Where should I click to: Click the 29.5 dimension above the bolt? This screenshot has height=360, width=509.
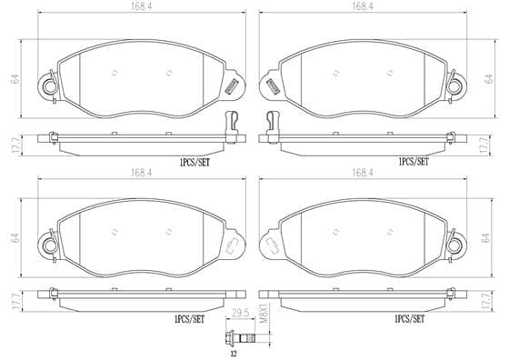[x=241, y=313]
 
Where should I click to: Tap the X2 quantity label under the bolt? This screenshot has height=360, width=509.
[x=234, y=354]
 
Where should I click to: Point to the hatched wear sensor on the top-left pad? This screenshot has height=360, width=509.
[x=232, y=86]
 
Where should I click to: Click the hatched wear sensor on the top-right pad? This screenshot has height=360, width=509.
[x=273, y=86]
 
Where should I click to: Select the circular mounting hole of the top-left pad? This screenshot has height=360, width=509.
[x=50, y=86]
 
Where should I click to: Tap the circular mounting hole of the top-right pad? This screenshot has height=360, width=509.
[x=454, y=86]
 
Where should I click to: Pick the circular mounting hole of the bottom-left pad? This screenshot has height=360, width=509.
[x=50, y=245]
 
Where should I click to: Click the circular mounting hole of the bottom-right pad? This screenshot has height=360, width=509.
[x=454, y=245]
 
